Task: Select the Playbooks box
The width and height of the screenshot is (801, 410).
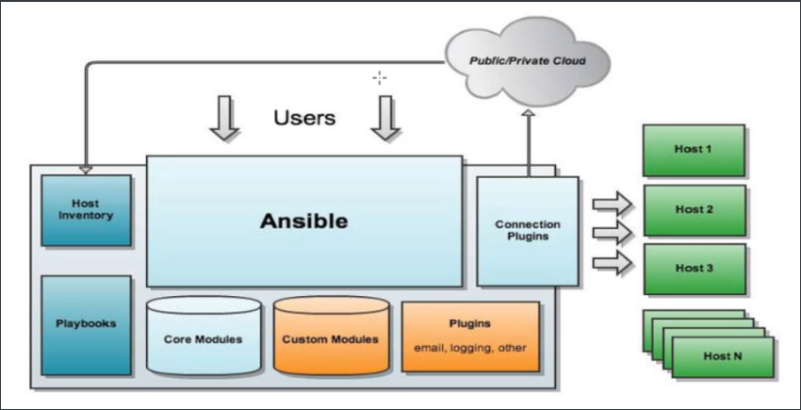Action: [86, 323]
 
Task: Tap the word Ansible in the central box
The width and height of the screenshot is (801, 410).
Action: [303, 222]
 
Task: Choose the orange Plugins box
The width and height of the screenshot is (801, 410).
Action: [470, 336]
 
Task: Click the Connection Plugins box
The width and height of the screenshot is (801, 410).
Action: [527, 230]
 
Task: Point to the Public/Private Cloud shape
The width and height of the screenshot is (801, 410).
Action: [528, 62]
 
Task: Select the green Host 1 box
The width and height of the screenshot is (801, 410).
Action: [695, 149]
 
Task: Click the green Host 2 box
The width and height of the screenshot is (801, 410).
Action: [695, 208]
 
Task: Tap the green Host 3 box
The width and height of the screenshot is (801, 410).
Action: [695, 269]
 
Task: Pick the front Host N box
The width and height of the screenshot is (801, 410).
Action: [723, 355]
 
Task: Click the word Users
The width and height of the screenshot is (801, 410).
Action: [304, 118]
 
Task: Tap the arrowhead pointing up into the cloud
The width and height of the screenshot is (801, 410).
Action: [529, 113]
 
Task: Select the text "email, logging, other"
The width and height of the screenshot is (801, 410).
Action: [470, 347]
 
